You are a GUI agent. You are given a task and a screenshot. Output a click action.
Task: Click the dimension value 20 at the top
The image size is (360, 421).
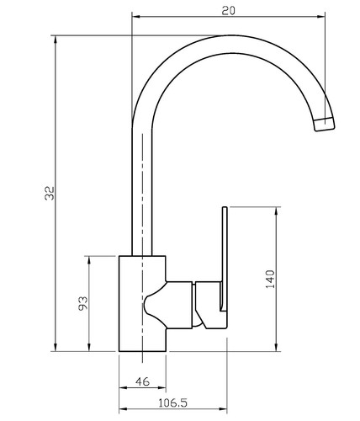coord(229,11)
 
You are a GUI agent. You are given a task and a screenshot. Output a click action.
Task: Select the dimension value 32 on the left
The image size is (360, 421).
coord(50,193)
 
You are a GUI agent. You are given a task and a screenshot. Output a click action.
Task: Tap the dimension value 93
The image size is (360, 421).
coord(82,303)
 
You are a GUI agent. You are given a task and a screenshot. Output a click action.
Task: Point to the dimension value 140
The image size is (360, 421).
coord(270,279)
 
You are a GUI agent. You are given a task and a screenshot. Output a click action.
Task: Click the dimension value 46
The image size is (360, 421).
coord(143,381)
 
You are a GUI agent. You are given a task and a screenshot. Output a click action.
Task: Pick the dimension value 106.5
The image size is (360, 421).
coord(172,403)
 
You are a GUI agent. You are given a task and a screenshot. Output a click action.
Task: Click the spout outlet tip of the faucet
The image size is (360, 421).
coord(325,125)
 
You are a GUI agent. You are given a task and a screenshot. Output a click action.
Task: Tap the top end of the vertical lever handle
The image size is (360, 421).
coord(225,208)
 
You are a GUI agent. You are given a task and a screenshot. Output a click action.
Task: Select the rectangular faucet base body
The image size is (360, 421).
coord(142,303)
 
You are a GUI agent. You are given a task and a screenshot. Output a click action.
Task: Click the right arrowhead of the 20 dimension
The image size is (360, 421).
coord(321,17)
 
